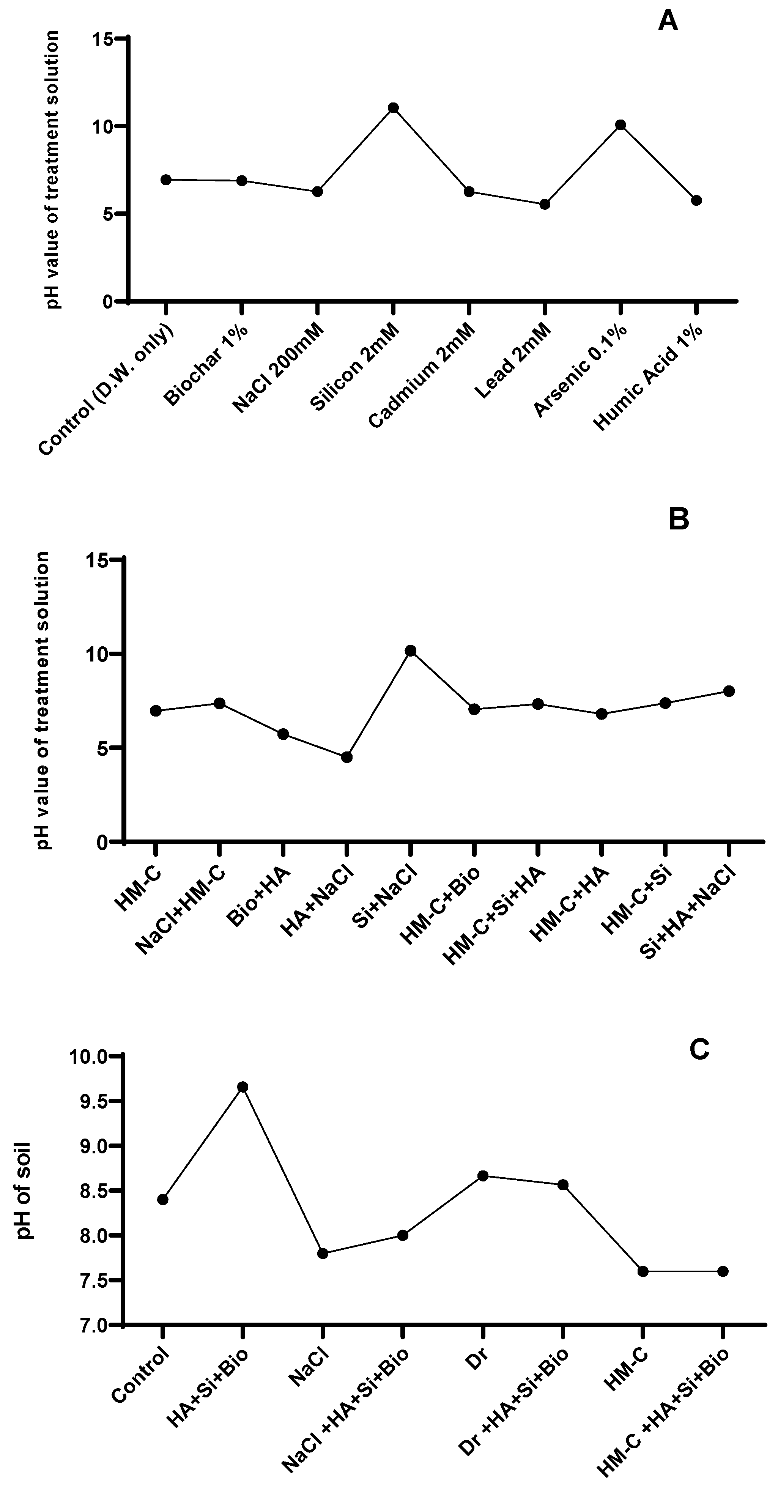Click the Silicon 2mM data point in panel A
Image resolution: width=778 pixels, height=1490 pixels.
pyautogui.click(x=393, y=108)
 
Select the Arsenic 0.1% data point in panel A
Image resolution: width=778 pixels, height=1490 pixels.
pyautogui.click(x=621, y=125)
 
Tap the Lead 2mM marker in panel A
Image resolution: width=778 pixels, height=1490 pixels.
pyautogui.click(x=544, y=204)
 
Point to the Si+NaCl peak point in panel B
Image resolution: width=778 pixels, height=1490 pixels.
pyautogui.click(x=410, y=651)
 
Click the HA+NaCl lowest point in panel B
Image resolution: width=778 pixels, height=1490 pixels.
pyautogui.click(x=346, y=757)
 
